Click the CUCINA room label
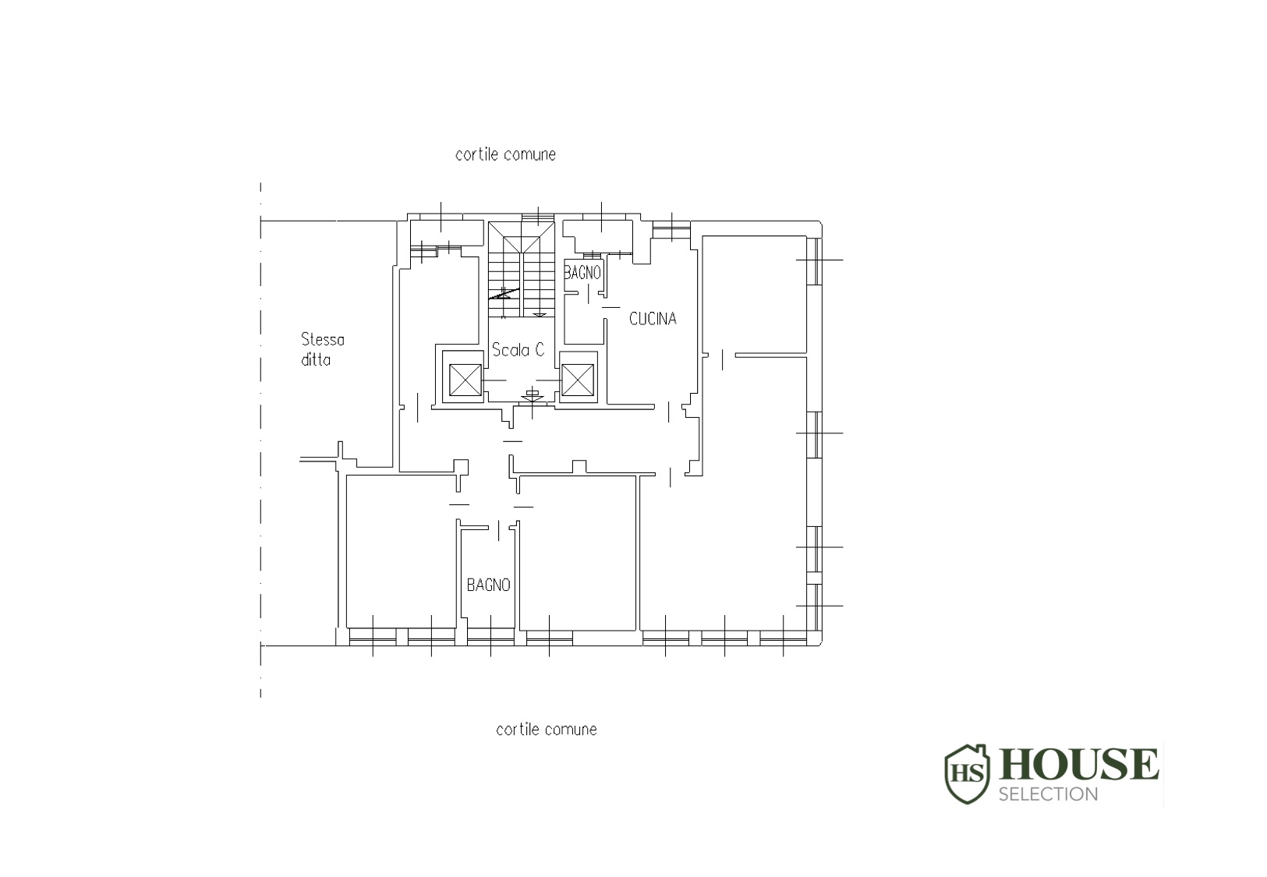pyautogui.click(x=653, y=319)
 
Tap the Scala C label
pyautogui.click(x=518, y=350)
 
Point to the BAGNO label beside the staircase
pyautogui.click(x=582, y=273)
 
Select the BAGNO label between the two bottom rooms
pyautogui.click(x=489, y=585)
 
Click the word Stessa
pyautogui.click(x=323, y=339)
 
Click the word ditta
pyautogui.click(x=316, y=359)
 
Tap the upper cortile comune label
pyautogui.click(x=506, y=154)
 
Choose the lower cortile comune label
pyautogui.click(x=547, y=730)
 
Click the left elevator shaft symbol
pyautogui.click(x=465, y=380)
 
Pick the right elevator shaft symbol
pyautogui.click(x=578, y=380)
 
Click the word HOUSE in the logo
pyautogui.click(x=1078, y=765)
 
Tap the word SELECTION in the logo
pyautogui.click(x=1048, y=794)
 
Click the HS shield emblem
pyautogui.click(x=968, y=773)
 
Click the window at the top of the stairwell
pyautogui.click(x=538, y=217)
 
